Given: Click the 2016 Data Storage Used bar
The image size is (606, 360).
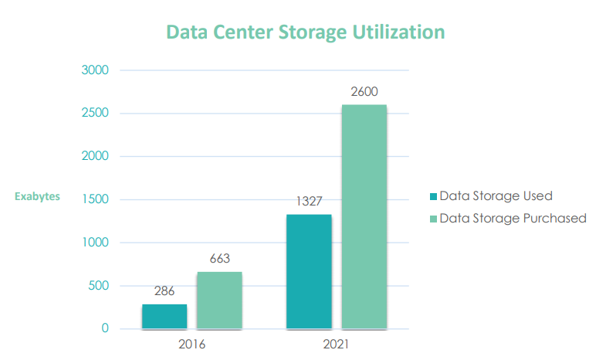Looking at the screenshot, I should click(x=164, y=317).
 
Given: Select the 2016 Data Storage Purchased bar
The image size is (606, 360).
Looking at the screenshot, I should click(x=219, y=301).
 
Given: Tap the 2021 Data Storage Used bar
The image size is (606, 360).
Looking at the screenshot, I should click(x=309, y=272).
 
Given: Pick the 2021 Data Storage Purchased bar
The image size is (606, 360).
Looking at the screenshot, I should click(x=364, y=217).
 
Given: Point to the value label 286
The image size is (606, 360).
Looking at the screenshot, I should click(x=164, y=291).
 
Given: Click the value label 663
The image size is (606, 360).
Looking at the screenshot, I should click(x=219, y=259).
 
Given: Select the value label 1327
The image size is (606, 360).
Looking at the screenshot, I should click(x=309, y=201).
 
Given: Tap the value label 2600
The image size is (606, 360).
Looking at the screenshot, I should click(x=364, y=91).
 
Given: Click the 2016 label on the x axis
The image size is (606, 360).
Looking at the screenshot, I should click(x=191, y=344).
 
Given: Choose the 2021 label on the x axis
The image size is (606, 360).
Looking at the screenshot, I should click(x=336, y=344).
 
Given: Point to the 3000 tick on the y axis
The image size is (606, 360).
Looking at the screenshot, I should click(x=95, y=70).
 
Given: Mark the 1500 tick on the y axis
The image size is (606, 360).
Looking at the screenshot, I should click(x=95, y=199).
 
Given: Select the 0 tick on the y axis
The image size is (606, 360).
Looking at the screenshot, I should click(x=106, y=329).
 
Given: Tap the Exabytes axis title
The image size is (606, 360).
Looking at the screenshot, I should click(x=37, y=196).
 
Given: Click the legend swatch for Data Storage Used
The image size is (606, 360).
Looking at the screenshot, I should click(x=433, y=196).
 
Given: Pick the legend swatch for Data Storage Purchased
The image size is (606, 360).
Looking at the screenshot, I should click(x=433, y=219).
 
